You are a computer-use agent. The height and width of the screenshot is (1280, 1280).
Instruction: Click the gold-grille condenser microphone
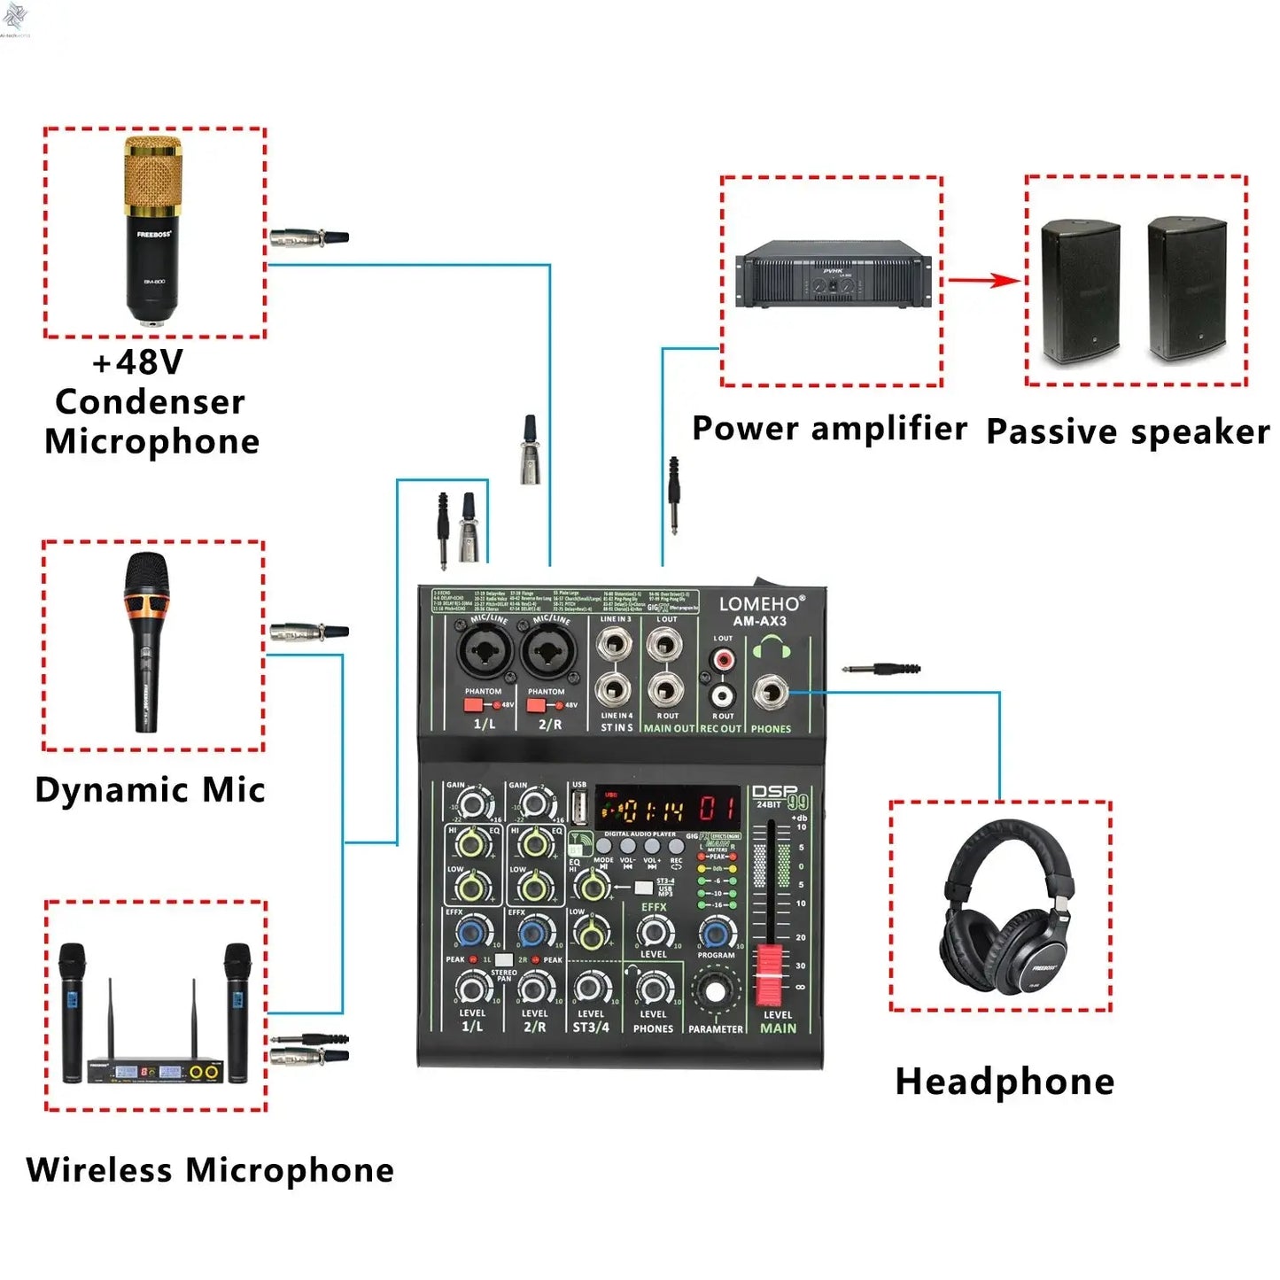click(x=153, y=229)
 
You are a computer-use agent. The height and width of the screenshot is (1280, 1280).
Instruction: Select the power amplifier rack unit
click(x=834, y=275)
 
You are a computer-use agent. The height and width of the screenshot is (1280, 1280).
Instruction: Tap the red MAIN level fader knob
click(x=770, y=974)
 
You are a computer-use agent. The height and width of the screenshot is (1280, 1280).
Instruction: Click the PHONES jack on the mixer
click(x=769, y=693)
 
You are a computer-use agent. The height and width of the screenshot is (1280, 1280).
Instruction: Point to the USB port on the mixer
click(x=579, y=808)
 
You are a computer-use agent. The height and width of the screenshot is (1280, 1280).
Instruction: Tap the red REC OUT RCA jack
click(x=724, y=661)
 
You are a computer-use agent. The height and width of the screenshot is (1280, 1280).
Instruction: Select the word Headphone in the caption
click(x=1005, y=1082)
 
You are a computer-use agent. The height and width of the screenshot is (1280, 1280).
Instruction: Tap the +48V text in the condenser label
click(x=137, y=362)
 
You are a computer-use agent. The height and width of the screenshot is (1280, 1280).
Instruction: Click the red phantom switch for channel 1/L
click(x=473, y=705)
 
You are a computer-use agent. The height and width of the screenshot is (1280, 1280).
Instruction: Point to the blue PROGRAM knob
click(x=716, y=933)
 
